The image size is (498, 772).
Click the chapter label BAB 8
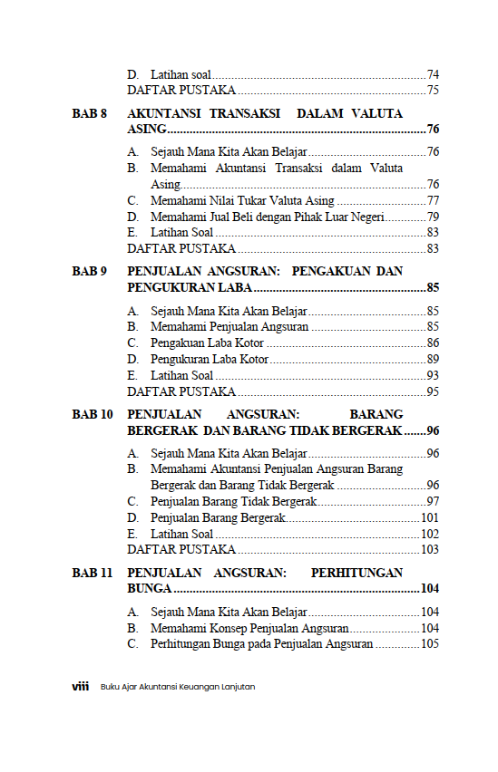[x=90, y=114]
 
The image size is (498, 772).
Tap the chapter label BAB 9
[x=90, y=271]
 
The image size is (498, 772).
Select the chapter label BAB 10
[x=93, y=414]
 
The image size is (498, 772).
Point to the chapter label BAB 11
[x=93, y=573]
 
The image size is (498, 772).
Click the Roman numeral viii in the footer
[x=80, y=687]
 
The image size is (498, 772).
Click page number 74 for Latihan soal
[x=433, y=74]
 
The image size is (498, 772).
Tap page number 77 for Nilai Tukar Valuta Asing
[x=433, y=200]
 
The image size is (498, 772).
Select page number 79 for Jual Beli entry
[x=433, y=217]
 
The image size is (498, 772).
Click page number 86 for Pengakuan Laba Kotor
[x=433, y=343]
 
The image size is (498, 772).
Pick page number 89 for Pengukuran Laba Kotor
[x=433, y=359]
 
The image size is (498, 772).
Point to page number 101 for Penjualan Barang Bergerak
[x=430, y=517]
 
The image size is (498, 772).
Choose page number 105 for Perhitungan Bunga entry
[x=430, y=644]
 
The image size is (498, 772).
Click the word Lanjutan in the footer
[x=237, y=687]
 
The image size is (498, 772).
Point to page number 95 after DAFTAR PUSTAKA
[x=433, y=391]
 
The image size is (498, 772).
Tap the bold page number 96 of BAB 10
[x=433, y=430]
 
